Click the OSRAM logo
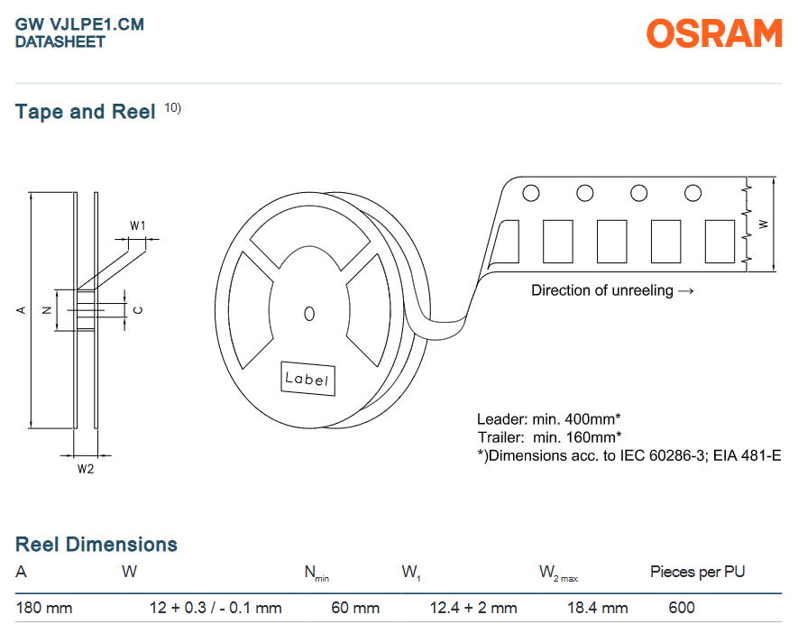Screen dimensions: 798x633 (x=714, y=33)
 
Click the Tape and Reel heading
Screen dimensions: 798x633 (x=85, y=112)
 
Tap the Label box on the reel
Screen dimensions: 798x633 (x=307, y=379)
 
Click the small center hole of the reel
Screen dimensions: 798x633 (x=309, y=314)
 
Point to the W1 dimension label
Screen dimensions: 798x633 (x=137, y=225)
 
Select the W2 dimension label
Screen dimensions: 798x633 (x=86, y=469)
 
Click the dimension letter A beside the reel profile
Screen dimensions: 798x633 (x=22, y=310)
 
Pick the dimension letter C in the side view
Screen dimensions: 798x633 (x=138, y=310)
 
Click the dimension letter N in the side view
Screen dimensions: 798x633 (x=47, y=310)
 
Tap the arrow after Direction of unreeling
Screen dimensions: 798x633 (x=686, y=291)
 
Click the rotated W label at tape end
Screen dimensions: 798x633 (x=764, y=224)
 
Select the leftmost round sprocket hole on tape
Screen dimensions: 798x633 (x=531, y=193)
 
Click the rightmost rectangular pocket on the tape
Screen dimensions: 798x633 (x=720, y=241)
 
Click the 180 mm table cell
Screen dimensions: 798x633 (x=44, y=608)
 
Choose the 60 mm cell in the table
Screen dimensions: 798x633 (x=355, y=608)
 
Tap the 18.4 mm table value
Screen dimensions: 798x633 (x=598, y=608)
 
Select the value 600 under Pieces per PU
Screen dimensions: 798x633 (x=682, y=608)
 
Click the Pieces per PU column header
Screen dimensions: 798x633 (x=697, y=572)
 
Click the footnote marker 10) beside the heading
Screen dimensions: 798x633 (x=172, y=108)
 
